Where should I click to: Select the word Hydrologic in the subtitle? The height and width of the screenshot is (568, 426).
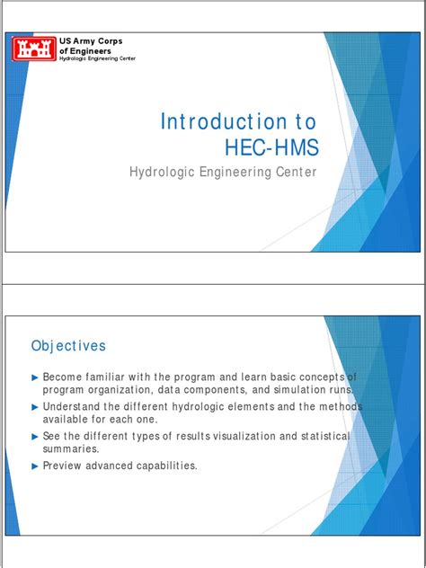tap(169, 172)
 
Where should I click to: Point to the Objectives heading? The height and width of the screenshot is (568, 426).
tap(68, 346)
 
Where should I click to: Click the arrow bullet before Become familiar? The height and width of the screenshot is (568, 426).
tap(35, 377)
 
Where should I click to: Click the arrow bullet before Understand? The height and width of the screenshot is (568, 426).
tap(35, 407)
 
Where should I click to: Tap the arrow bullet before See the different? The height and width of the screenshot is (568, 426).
tap(35, 437)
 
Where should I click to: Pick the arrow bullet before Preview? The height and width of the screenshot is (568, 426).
tap(35, 466)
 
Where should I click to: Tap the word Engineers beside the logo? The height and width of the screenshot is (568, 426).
tap(93, 51)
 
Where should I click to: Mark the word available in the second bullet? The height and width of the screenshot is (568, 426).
tap(69, 419)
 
